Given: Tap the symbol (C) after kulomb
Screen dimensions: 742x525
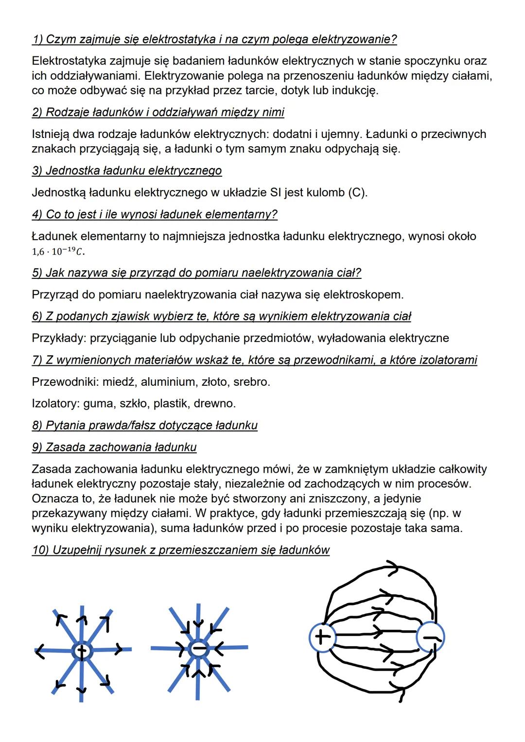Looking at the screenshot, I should click(x=357, y=192).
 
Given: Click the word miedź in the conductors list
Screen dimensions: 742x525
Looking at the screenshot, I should click(x=120, y=382).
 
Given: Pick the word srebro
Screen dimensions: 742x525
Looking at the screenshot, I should click(x=251, y=382).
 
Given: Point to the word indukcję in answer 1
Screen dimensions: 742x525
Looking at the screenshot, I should click(x=354, y=90).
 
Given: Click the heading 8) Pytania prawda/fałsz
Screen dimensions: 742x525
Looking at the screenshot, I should click(x=144, y=426).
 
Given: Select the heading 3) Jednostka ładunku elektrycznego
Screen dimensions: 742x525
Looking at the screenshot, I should click(x=127, y=171).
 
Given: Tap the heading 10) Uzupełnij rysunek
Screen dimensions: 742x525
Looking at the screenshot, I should click(x=180, y=550).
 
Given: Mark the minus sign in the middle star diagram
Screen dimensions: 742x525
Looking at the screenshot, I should click(x=198, y=648).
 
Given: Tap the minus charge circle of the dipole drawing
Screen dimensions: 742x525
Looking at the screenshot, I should click(x=431, y=637).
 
